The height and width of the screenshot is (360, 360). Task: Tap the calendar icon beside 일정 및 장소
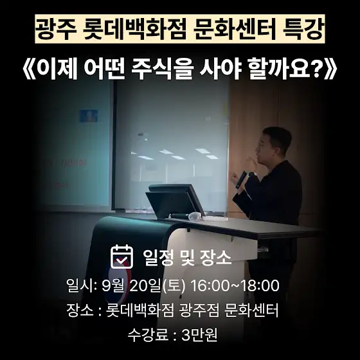[122, 256]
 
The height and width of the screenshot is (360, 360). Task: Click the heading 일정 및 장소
[187, 257]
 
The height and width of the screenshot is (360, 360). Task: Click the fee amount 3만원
[199, 335]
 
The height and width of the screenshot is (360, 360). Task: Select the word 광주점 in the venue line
[199, 310]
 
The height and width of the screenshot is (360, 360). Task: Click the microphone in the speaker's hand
[242, 179]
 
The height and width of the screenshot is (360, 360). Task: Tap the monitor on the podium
[174, 200]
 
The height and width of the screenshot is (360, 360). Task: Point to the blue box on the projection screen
[89, 116]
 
